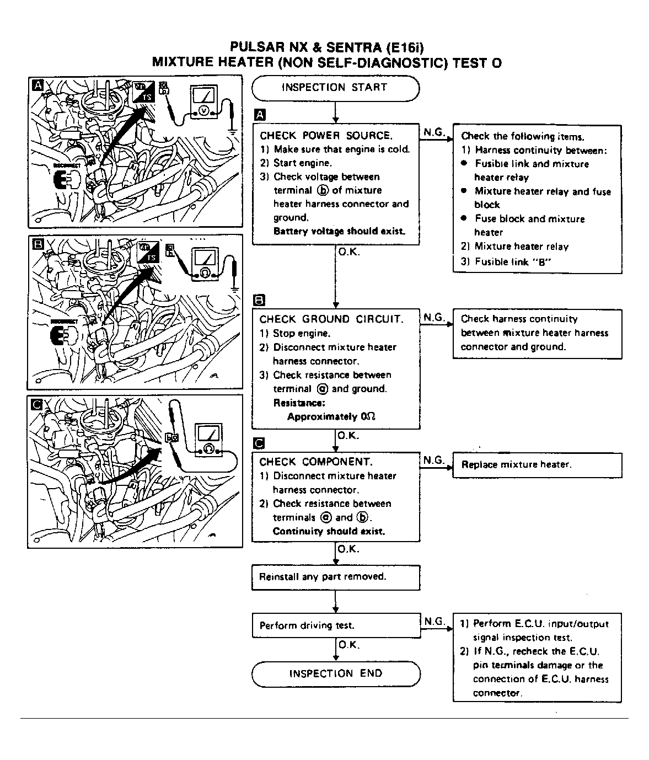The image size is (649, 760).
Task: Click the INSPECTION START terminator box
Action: pyautogui.click(x=335, y=88)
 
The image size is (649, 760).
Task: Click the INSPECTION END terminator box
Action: pyautogui.click(x=335, y=673)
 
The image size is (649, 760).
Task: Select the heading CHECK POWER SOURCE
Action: pyautogui.click(x=326, y=136)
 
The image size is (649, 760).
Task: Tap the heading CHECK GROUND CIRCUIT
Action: pyautogui.click(x=331, y=319)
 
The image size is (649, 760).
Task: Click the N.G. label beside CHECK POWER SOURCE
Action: pyautogui.click(x=435, y=132)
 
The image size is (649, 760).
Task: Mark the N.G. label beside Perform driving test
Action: pyautogui.click(x=435, y=622)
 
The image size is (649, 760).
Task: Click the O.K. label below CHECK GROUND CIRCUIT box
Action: pyautogui.click(x=348, y=436)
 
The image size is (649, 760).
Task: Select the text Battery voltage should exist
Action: pyautogui.click(x=339, y=232)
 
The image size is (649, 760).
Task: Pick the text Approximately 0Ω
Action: pyautogui.click(x=331, y=417)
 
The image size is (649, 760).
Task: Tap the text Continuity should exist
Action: pyautogui.click(x=329, y=532)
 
